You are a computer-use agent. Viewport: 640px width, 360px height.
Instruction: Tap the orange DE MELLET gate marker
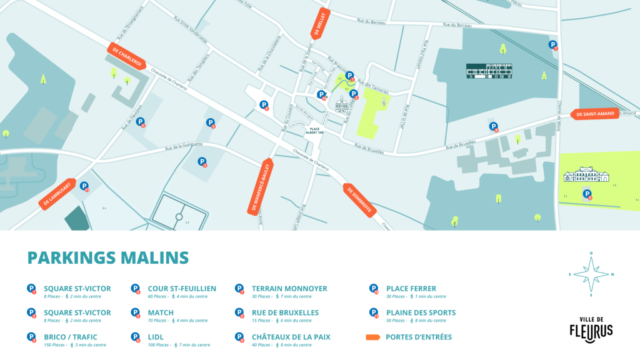tap(319, 24)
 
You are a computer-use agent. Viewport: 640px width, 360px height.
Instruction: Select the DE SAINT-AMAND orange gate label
tap(596, 114)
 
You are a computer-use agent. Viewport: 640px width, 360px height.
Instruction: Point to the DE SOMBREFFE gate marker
tap(359, 201)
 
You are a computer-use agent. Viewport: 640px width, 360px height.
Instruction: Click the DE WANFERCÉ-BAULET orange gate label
tap(261, 186)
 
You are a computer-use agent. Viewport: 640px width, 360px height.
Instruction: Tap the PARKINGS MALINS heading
tap(108, 257)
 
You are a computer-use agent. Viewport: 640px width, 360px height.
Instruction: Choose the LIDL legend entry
tap(157, 337)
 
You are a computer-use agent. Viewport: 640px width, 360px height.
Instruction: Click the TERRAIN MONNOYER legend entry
tap(289, 289)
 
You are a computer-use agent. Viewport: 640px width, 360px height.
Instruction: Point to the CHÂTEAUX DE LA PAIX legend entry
tap(291, 337)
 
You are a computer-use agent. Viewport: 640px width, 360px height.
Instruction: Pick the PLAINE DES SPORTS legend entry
tap(421, 312)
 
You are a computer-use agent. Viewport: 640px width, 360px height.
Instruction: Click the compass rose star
tap(591, 274)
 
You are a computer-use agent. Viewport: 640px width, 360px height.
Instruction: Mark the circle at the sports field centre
tap(179, 217)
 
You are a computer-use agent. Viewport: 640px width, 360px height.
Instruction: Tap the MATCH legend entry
tap(161, 312)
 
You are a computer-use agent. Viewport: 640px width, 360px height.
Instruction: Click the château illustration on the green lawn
tap(586, 174)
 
